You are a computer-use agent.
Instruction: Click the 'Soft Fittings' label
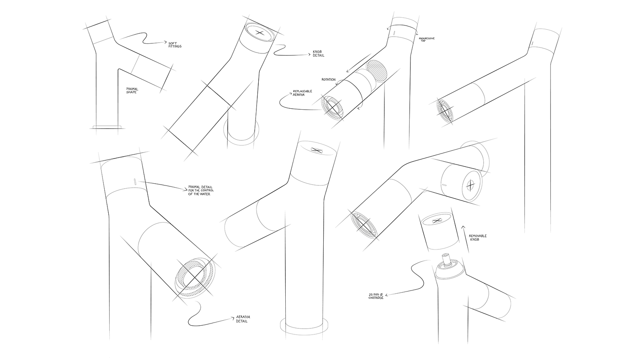tap(175, 45)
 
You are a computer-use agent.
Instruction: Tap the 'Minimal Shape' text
tap(132, 90)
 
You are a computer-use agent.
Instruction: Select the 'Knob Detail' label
tap(318, 53)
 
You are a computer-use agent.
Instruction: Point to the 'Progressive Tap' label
tap(427, 39)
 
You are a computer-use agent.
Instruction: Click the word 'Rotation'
tap(328, 79)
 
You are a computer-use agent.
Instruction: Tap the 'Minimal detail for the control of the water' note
tap(199, 191)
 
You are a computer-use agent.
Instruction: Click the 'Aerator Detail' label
tap(242, 319)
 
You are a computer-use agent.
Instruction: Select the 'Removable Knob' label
tap(477, 238)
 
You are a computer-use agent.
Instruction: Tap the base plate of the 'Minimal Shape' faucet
tap(107, 127)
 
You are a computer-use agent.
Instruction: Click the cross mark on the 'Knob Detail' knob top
tap(260, 33)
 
